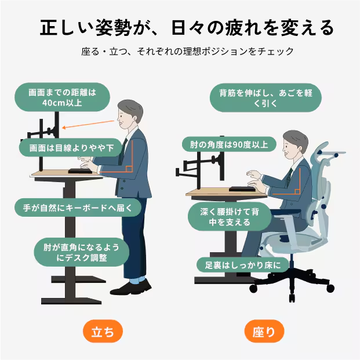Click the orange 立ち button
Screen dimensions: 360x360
(103, 331)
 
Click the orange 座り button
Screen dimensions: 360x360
(264, 331)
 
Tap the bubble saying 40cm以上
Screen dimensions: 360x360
(62, 97)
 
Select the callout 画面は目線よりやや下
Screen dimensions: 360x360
(71, 148)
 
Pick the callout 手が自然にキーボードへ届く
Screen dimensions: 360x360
(78, 208)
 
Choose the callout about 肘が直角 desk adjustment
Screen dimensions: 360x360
(82, 252)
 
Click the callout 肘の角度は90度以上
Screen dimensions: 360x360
(229, 144)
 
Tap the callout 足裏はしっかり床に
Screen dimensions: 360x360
(243, 265)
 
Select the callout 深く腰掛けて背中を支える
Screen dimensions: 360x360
(230, 217)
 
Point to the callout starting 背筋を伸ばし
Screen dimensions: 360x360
(266, 98)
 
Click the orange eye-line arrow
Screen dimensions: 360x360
(88, 124)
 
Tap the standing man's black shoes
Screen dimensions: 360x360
(130, 288)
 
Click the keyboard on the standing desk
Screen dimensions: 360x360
(80, 171)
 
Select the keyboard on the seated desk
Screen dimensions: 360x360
(242, 189)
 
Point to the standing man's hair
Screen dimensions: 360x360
(131, 110)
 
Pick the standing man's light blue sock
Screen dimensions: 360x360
(137, 281)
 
